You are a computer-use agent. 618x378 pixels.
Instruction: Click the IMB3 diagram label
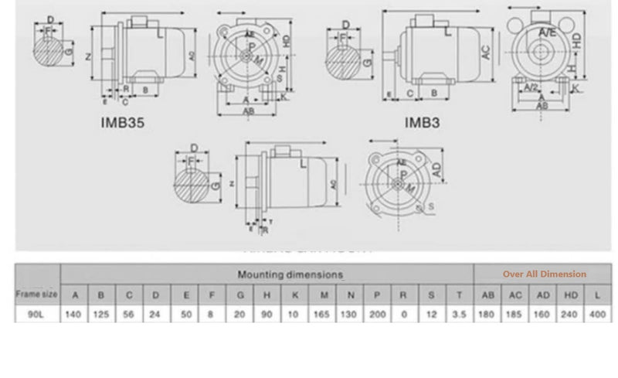pos(423,121)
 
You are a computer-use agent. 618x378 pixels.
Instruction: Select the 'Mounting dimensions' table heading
pos(290,274)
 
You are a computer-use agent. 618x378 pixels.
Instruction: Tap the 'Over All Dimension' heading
pos(544,274)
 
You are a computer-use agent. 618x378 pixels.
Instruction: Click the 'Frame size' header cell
pos(37,294)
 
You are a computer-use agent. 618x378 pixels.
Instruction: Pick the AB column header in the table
pos(488,295)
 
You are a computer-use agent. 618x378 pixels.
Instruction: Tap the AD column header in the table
pos(543,295)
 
